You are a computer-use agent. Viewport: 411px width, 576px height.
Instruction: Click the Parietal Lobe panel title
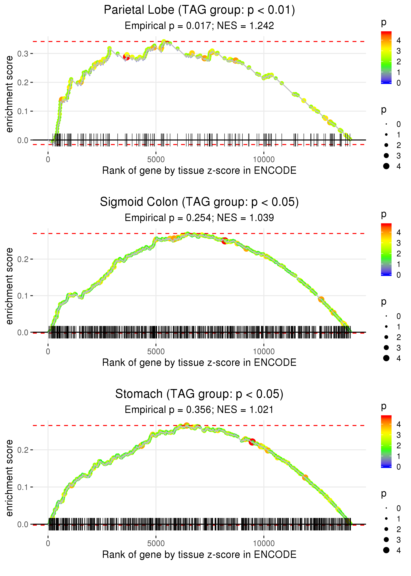click(199, 10)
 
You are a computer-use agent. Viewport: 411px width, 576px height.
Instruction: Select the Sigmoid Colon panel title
click(199, 202)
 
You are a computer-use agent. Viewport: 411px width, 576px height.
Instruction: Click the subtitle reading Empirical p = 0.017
click(199, 26)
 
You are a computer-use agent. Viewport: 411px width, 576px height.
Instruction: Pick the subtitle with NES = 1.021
click(199, 410)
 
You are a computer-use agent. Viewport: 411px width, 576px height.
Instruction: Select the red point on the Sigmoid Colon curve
click(224, 241)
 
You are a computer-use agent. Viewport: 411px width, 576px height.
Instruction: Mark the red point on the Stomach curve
click(252, 442)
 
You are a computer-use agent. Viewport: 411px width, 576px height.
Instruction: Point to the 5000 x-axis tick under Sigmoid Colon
click(156, 352)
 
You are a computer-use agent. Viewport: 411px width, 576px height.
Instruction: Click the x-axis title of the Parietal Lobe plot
click(199, 171)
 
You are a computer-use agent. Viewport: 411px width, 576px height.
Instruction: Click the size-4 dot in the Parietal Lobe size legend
click(386, 166)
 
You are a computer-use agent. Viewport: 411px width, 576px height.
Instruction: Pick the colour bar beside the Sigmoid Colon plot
click(386, 249)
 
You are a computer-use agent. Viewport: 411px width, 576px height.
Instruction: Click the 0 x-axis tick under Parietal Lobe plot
click(48, 160)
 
